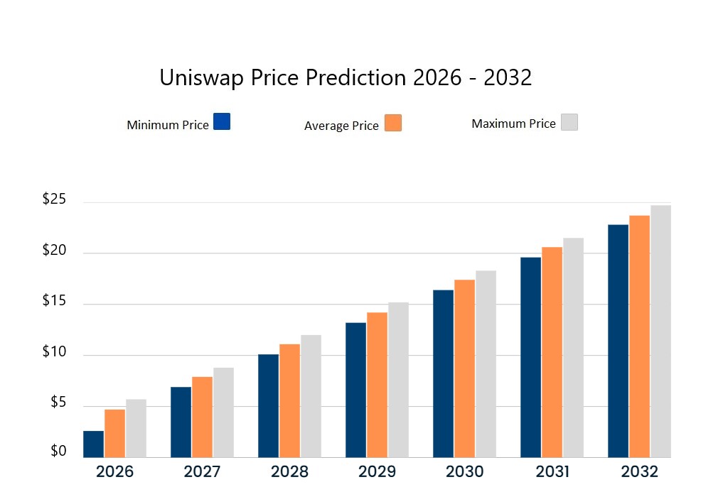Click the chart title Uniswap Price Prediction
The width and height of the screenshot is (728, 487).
click(x=346, y=77)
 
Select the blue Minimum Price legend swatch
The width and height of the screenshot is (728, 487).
click(x=222, y=121)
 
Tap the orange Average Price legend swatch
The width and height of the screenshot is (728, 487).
click(x=393, y=123)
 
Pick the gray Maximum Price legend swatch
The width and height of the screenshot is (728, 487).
click(x=569, y=122)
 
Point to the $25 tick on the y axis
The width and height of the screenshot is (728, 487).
click(x=54, y=199)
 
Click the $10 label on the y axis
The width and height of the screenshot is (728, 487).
click(x=54, y=353)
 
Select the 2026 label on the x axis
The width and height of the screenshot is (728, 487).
click(x=114, y=471)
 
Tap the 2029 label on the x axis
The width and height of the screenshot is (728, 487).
click(x=377, y=471)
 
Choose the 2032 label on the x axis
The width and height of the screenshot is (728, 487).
click(x=639, y=471)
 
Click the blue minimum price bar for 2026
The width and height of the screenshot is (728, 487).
click(x=93, y=444)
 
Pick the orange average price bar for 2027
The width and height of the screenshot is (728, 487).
click(x=202, y=417)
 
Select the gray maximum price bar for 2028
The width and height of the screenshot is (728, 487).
click(x=311, y=396)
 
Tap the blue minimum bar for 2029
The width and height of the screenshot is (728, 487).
click(x=355, y=390)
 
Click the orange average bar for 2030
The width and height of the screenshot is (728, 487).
click(x=464, y=368)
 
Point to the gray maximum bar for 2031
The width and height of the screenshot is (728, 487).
click(x=573, y=347)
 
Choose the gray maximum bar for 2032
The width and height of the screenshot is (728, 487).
click(x=660, y=331)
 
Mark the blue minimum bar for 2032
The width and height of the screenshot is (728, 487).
click(x=618, y=341)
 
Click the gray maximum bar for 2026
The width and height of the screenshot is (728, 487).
click(x=136, y=428)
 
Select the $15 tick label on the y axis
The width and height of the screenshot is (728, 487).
click(x=54, y=301)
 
